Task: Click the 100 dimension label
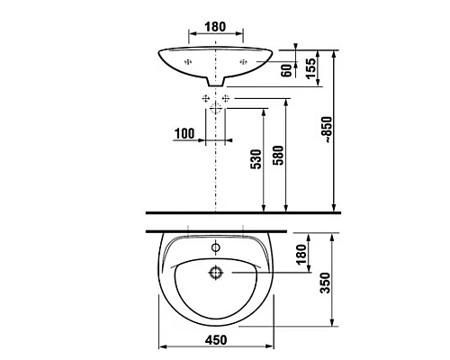(x=184, y=133)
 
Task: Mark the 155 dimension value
(x=311, y=69)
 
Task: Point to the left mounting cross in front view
(x=187, y=61)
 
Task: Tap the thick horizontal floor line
(x=243, y=213)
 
